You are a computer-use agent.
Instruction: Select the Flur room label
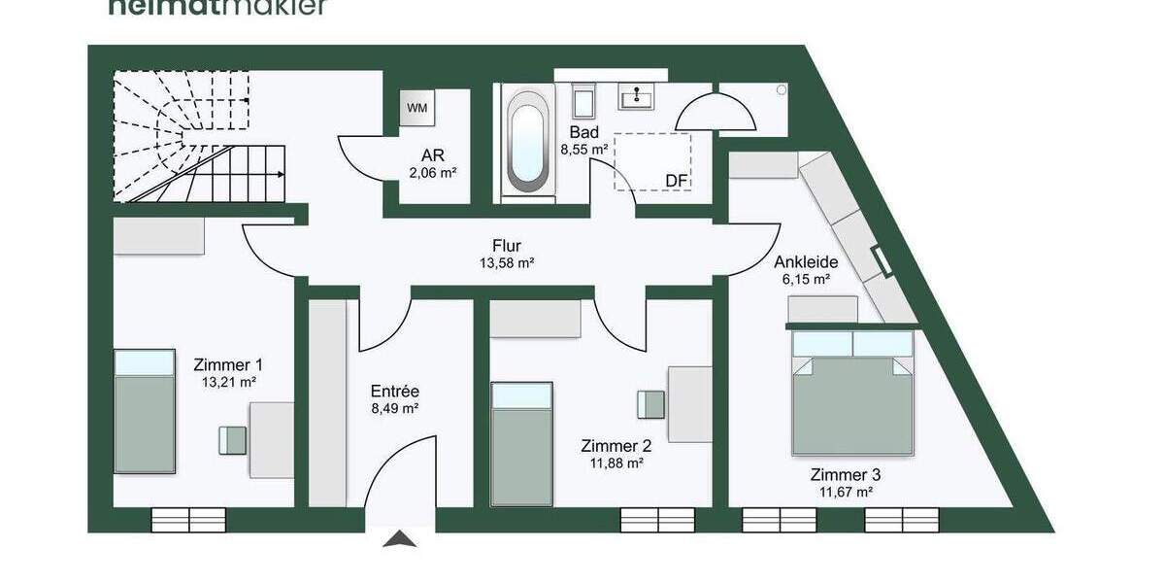pos(507,246)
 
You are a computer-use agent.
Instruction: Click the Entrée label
pos(394,391)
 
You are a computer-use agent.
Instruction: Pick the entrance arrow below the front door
pos(399,539)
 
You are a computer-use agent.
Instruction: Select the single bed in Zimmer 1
pos(145,412)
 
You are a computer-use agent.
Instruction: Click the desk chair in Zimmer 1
pos(232,440)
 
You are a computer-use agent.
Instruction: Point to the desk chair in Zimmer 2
pos(650,402)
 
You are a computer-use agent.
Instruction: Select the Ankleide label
pos(805,261)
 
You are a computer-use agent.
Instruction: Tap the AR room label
pos(432,155)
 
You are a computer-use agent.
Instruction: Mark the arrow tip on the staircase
pos(282,175)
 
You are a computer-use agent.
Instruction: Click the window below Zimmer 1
pos(188,520)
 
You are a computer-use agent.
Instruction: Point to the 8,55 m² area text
pos(583,150)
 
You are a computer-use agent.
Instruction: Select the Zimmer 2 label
pos(616,446)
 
